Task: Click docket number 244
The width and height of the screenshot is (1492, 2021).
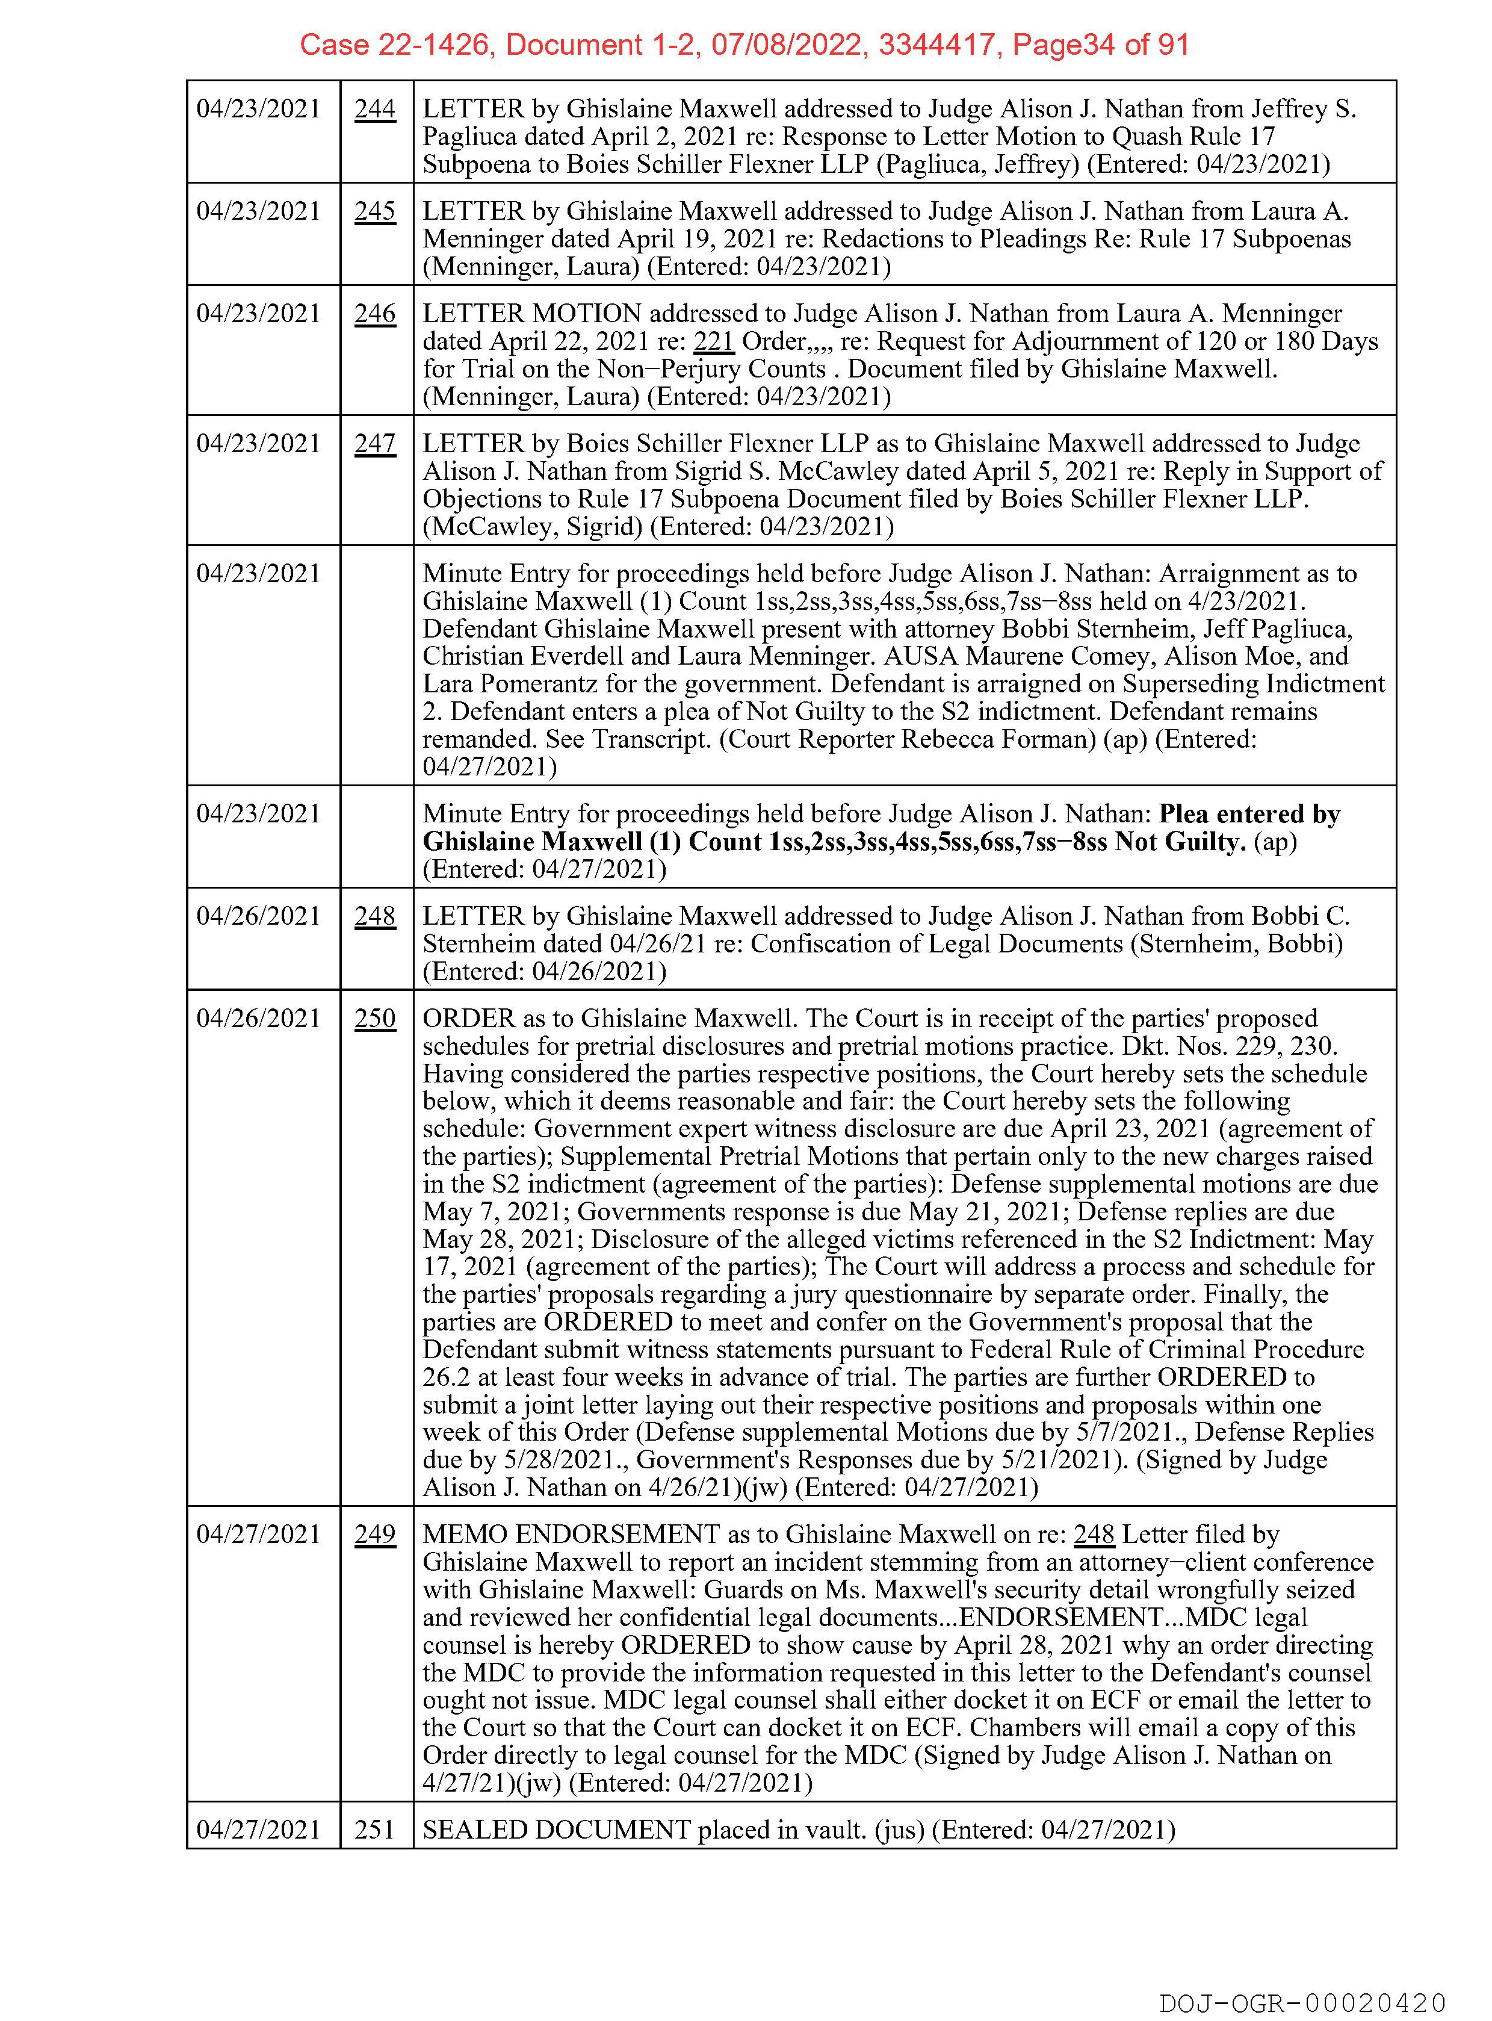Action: coord(375,110)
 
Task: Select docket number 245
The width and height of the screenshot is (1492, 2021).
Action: coord(375,211)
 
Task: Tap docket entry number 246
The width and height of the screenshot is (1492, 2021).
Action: coord(375,314)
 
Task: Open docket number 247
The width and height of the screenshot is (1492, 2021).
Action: coord(375,444)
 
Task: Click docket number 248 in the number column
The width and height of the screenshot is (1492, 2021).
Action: coord(375,916)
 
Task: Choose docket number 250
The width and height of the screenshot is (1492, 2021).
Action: coord(375,1018)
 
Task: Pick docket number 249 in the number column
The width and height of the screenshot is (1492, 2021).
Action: coord(375,1534)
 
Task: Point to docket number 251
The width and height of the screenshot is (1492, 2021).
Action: coord(375,1830)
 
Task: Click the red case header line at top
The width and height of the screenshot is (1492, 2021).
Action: coord(744,45)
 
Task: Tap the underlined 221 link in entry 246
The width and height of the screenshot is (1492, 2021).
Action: coord(713,341)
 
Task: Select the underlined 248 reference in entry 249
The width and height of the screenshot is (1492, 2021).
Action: coord(1093,1534)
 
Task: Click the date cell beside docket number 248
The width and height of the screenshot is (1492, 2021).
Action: coord(258,916)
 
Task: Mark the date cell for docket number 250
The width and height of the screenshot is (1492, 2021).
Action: coord(258,1018)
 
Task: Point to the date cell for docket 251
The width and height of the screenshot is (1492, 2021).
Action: coord(258,1830)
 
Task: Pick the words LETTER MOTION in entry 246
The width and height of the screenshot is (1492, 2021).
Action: coord(532,314)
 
